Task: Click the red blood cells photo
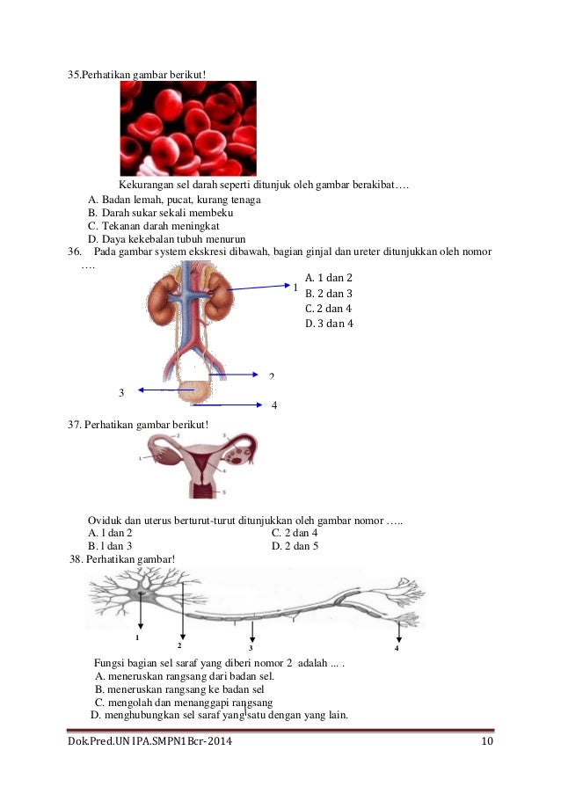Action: (x=188, y=128)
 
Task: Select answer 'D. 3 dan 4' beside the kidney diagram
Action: (x=329, y=324)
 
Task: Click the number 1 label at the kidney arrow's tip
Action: (x=295, y=288)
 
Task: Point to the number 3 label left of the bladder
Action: (x=121, y=392)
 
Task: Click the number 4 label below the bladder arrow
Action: (x=274, y=405)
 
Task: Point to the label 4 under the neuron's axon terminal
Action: (x=397, y=648)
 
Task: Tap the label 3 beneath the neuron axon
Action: (x=251, y=649)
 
